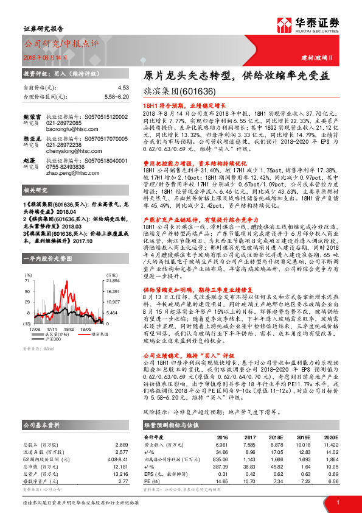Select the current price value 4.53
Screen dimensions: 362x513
click(x=124, y=88)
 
